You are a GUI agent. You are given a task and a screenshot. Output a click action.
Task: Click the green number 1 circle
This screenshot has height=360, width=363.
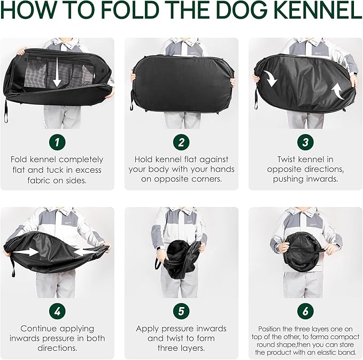[57, 142]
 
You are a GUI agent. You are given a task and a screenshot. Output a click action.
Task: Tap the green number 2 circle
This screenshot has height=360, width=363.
[181, 142]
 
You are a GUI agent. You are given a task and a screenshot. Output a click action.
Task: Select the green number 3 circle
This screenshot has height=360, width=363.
[305, 142]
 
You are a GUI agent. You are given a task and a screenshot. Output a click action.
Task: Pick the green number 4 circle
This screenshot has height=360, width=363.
[57, 311]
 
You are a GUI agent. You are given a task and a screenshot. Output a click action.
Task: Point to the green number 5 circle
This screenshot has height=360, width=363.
[181, 311]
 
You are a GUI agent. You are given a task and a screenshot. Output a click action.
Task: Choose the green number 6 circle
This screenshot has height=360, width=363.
[305, 311]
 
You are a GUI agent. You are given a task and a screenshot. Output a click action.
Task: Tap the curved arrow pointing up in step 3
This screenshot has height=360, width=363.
[338, 91]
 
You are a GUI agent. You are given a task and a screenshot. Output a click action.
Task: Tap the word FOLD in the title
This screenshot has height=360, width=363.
[130, 10]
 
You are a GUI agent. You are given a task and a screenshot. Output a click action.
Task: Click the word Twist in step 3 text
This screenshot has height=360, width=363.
[286, 159]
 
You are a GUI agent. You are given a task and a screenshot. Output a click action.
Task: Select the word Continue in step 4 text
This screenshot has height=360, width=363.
[37, 328]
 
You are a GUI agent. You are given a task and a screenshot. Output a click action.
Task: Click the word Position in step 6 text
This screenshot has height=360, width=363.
[269, 329]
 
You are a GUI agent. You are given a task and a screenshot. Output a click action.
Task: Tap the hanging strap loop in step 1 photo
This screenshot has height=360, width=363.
[5, 111]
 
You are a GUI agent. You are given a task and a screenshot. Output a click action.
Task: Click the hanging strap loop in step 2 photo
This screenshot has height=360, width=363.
[132, 103]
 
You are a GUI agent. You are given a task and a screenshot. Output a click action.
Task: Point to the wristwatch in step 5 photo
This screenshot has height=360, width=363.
[158, 249]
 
